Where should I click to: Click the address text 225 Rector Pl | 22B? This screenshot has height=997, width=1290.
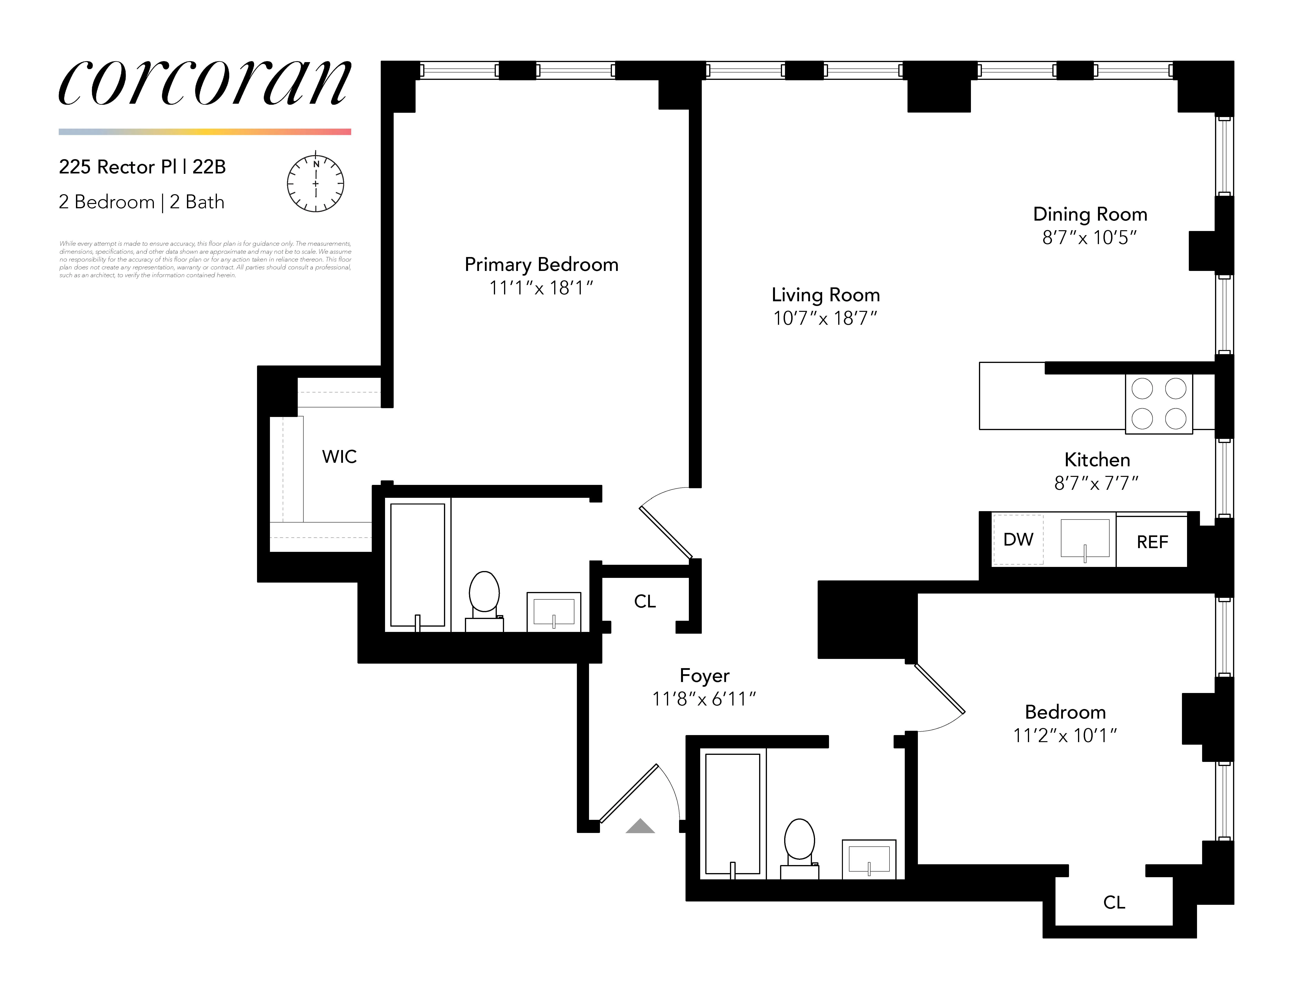(142, 167)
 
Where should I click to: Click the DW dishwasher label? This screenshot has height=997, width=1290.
(1018, 539)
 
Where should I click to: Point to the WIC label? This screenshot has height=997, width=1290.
(339, 457)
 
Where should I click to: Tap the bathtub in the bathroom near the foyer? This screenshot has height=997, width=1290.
(733, 815)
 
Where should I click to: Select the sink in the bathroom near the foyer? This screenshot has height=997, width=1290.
(868, 859)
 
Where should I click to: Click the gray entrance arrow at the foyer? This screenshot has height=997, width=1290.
(640, 826)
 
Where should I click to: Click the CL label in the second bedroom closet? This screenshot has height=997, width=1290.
(1114, 902)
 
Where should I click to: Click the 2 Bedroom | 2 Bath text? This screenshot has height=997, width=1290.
(142, 202)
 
